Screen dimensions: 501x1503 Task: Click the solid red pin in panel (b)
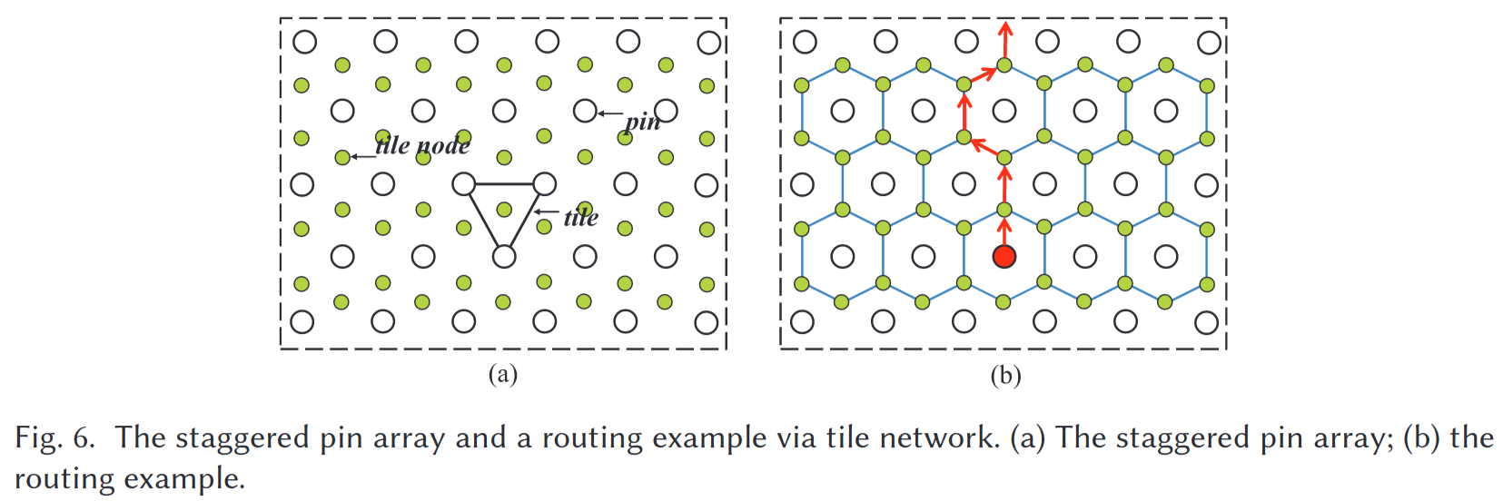(x=1004, y=256)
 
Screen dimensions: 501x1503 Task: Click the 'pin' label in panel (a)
(x=643, y=121)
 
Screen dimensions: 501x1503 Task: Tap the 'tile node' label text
(x=423, y=145)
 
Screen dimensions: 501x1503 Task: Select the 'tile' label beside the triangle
(x=580, y=217)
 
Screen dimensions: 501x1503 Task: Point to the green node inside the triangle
(x=504, y=210)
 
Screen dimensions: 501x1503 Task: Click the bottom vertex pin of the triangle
(x=504, y=257)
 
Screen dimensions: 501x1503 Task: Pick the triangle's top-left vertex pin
(x=463, y=184)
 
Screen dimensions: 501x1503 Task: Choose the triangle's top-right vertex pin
(x=544, y=184)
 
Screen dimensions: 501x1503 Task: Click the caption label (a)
(x=502, y=374)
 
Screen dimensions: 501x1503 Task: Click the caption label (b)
(x=1005, y=375)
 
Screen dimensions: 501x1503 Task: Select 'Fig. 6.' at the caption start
(x=54, y=438)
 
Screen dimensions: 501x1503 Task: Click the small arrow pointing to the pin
(x=609, y=113)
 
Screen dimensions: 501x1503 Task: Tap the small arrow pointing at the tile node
(x=362, y=156)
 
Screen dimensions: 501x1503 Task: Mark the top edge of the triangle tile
(x=504, y=184)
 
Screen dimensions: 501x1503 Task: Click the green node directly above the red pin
(x=1004, y=210)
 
